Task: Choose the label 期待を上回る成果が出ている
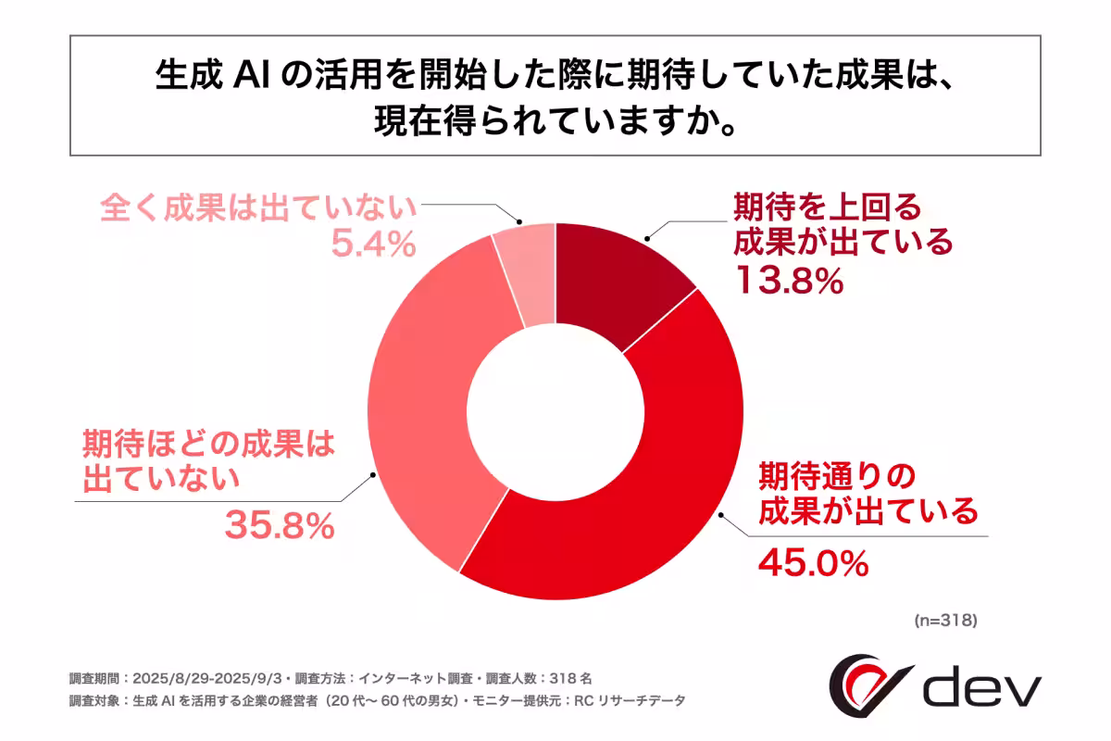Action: tap(843, 223)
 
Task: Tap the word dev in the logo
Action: tap(982, 687)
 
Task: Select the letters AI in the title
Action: tap(244, 78)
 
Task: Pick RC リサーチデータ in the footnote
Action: tap(639, 701)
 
